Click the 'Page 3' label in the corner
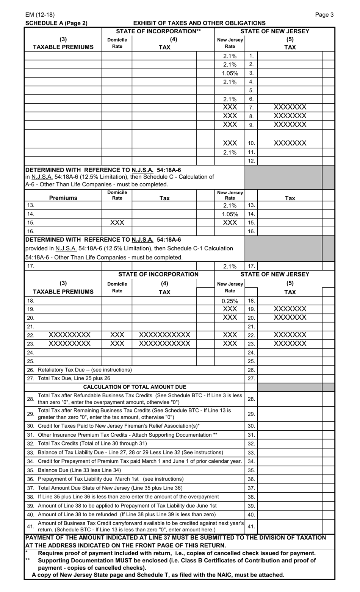click(x=324, y=15)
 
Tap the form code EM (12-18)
click(x=40, y=15)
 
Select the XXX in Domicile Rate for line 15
click(x=117, y=223)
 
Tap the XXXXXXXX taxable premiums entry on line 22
click(x=70, y=335)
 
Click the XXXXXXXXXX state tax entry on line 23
click(x=164, y=344)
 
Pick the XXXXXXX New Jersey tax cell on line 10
click(x=290, y=143)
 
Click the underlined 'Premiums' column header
click(x=63, y=198)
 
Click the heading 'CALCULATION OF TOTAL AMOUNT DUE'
click(x=135, y=387)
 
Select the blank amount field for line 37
click(x=290, y=488)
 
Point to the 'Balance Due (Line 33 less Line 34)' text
click(x=80, y=470)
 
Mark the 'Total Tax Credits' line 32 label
click(x=92, y=444)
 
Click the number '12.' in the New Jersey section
click(x=251, y=161)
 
